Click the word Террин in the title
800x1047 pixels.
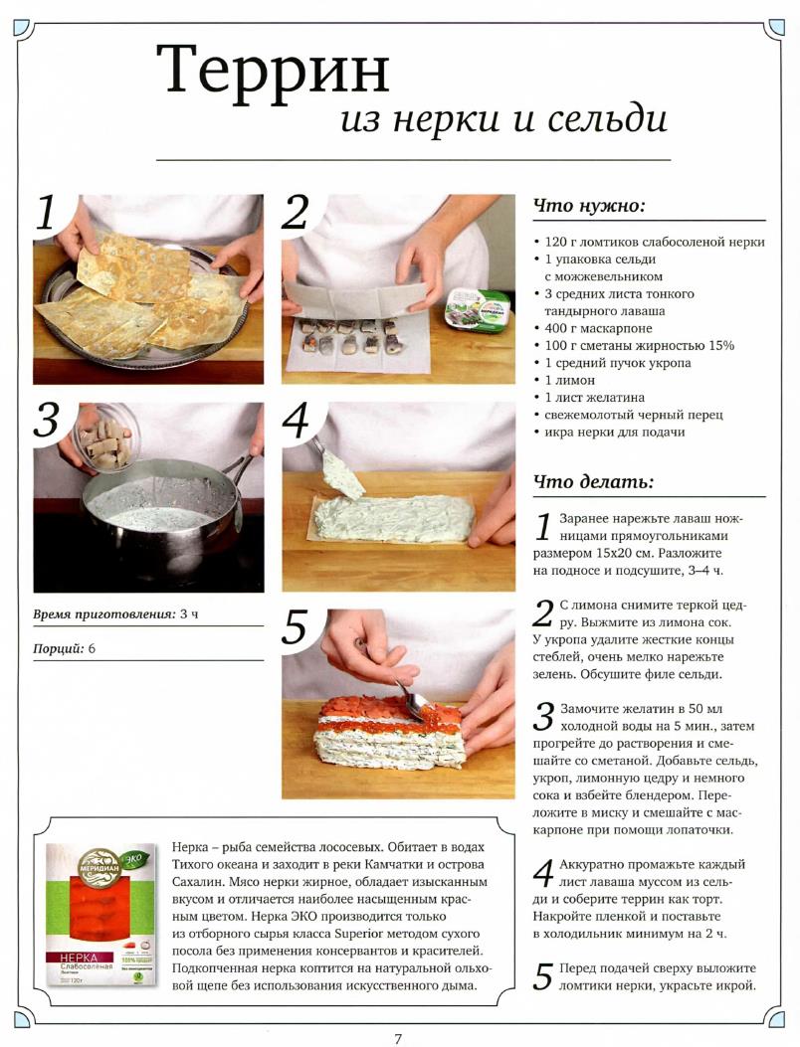pos(273,71)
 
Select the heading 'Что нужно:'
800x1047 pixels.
pos(589,207)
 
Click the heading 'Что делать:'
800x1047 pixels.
pos(593,481)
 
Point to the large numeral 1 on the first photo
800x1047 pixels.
pos(48,215)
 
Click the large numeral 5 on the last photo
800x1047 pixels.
pos(295,628)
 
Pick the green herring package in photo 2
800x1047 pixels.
pos(478,307)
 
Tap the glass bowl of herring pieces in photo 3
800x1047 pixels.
pos(104,436)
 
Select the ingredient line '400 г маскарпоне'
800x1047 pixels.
pos(593,328)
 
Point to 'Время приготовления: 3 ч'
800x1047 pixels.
pos(115,614)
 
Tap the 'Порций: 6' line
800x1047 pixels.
pos(64,648)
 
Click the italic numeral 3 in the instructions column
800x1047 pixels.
pos(544,717)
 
